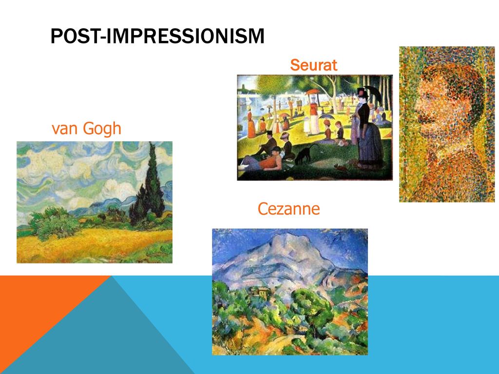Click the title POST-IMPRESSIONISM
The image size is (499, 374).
[x=157, y=36]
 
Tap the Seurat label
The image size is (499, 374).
[x=313, y=65]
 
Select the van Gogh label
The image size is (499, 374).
[x=86, y=129]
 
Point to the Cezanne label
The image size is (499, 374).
[x=288, y=208]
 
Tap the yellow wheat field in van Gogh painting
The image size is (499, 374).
[x=92, y=245]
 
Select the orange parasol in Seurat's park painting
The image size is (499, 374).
[x=312, y=92]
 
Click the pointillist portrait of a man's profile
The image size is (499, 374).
[x=447, y=124]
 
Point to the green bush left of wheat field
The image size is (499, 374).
[x=54, y=223]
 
